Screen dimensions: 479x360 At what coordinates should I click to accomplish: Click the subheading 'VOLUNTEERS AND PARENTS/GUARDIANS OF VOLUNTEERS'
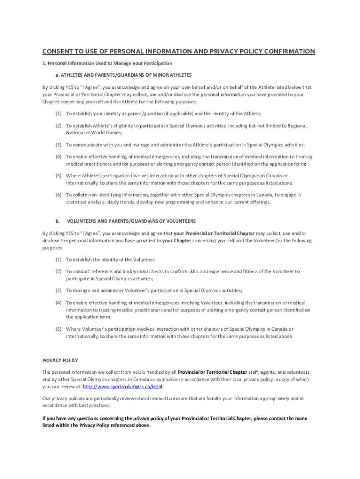[x=131, y=221]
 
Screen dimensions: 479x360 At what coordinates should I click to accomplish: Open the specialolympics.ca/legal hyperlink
[x=122, y=387]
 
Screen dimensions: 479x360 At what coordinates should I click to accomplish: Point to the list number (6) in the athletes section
[x=58, y=195]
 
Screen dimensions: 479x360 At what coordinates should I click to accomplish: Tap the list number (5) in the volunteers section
[x=58, y=329]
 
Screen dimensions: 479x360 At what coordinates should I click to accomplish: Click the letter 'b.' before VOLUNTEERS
[x=58, y=221]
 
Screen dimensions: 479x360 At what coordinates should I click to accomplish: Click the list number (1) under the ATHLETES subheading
[x=58, y=114]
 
